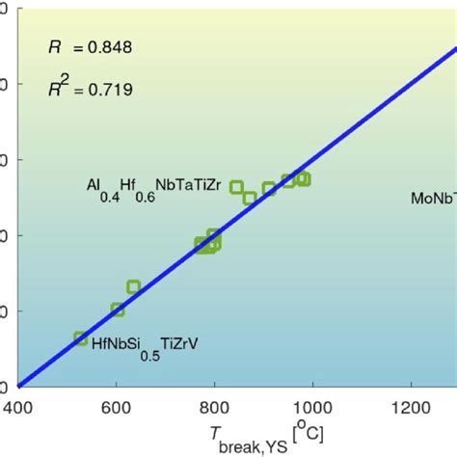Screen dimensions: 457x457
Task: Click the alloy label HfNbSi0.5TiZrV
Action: pyautogui.click(x=145, y=342)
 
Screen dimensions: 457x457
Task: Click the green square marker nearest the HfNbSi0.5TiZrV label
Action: pyautogui.click(x=81, y=338)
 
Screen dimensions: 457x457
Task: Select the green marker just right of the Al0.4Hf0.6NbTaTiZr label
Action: pyautogui.click(x=237, y=187)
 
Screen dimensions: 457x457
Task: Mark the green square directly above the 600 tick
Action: pyautogui.click(x=118, y=309)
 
